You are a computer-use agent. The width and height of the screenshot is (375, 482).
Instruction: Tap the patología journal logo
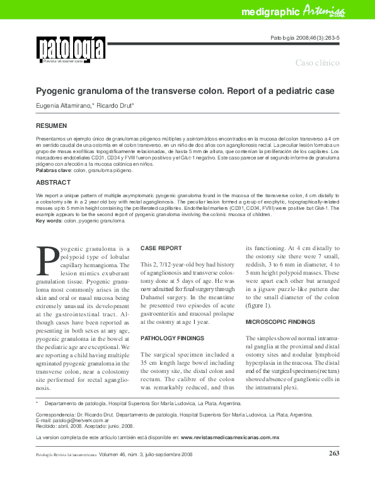click(70, 49)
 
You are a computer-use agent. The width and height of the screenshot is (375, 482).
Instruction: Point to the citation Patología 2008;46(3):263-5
click(305, 38)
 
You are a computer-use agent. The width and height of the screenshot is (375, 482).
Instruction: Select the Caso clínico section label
click(318, 63)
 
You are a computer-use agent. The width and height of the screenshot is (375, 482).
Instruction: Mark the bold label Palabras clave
click(54, 170)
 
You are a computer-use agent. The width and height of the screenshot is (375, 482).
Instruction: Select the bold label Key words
click(49, 221)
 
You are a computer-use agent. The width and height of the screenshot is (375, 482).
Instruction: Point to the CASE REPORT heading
click(161, 248)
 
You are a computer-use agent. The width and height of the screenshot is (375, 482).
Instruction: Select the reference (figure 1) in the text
click(258, 306)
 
